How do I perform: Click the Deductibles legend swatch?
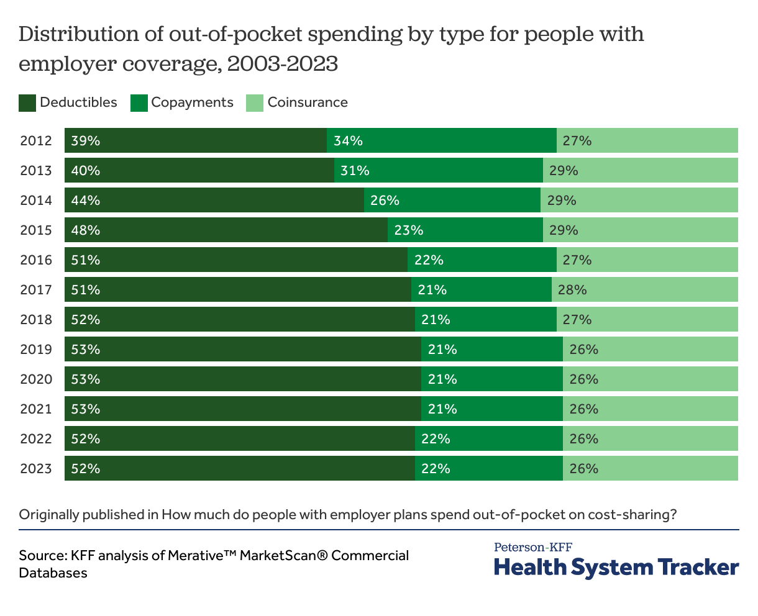point(27,103)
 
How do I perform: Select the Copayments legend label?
point(192,102)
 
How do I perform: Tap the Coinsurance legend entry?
point(308,102)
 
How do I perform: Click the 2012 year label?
point(36,141)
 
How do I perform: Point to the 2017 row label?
point(36,290)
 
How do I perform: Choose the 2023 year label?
point(36,469)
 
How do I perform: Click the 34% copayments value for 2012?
point(348,141)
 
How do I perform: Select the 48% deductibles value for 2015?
point(85,230)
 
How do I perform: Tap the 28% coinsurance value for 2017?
point(572,290)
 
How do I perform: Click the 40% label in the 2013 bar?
point(85,171)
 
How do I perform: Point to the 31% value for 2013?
point(355,171)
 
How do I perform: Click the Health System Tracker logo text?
point(616,568)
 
